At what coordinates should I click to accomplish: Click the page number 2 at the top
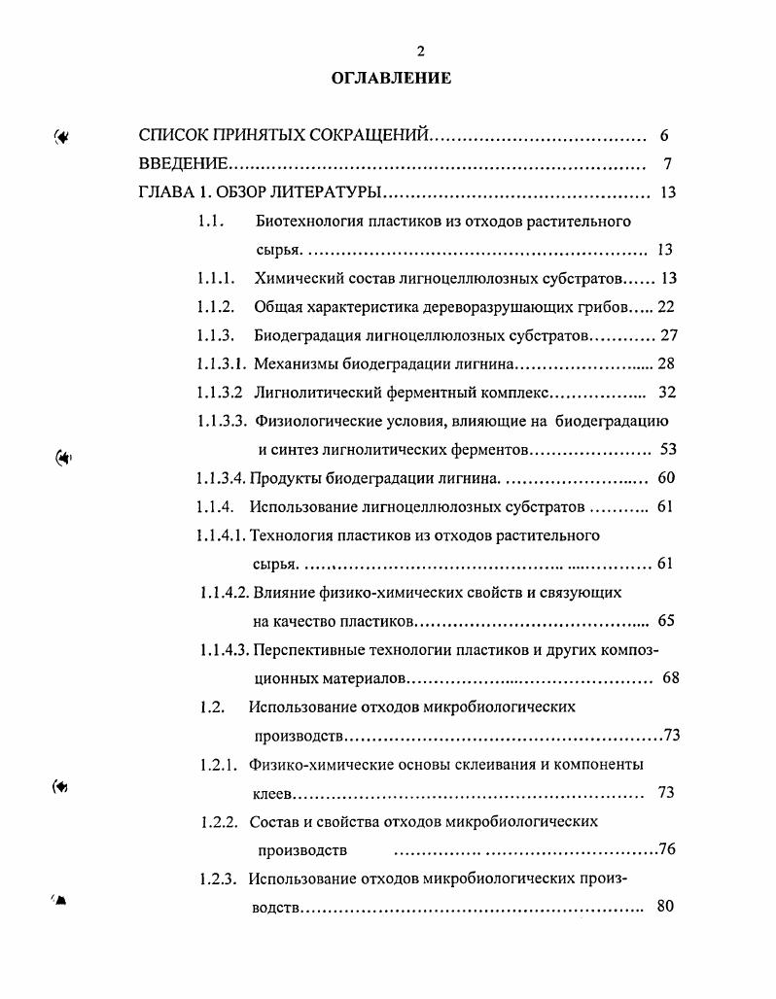point(393,52)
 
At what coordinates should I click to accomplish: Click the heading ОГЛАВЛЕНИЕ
point(392,79)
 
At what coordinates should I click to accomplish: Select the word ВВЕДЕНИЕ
point(184,164)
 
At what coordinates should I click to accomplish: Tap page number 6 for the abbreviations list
point(663,136)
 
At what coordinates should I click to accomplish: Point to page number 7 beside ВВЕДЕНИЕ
point(666,164)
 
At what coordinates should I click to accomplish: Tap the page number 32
point(667,393)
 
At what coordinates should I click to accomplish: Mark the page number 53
point(667,450)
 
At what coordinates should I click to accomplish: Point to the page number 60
point(666,478)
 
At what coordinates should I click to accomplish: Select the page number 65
point(666,620)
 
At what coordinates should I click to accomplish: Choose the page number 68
point(671,677)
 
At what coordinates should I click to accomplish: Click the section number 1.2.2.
point(219,821)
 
